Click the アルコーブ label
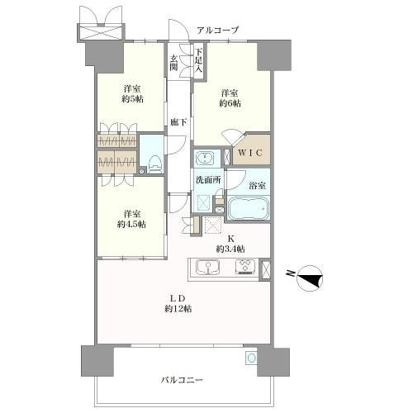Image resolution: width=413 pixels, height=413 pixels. click(x=218, y=31)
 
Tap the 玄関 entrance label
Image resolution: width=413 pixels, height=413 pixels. click(x=174, y=63)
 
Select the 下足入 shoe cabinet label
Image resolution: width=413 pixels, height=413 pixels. click(x=198, y=62)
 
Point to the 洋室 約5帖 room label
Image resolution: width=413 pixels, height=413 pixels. click(x=131, y=94)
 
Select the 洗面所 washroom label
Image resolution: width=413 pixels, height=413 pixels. click(x=206, y=179)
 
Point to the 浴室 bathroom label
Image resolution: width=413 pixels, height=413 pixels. click(x=256, y=185)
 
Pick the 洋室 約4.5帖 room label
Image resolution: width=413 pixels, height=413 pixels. click(x=131, y=217)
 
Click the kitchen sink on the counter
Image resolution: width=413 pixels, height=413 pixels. click(x=207, y=267)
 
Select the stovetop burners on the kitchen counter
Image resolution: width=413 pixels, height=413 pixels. click(x=245, y=266)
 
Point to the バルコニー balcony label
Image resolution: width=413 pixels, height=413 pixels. click(x=183, y=380)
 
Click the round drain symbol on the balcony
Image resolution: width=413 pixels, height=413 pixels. click(x=252, y=358)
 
